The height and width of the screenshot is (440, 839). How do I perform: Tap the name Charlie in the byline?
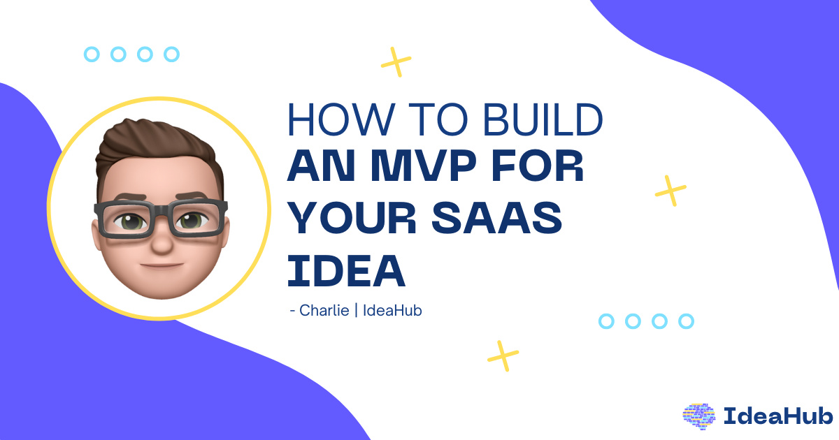pos(324,310)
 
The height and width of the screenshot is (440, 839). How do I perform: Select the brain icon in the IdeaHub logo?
pos(699,415)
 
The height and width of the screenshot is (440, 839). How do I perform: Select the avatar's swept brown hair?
pos(150,143)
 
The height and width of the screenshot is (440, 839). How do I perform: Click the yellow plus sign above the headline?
pos(396,61)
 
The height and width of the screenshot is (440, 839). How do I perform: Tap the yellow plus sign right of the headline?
pos(671,190)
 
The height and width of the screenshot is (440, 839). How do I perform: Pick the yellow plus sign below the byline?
pos(503,355)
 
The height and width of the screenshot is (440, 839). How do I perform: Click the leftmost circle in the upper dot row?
pos(92,54)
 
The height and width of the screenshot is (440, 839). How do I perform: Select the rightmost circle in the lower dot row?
pos(687,321)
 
